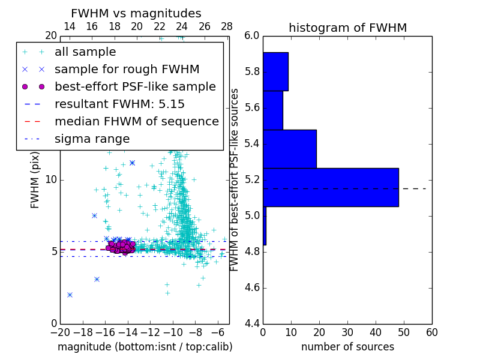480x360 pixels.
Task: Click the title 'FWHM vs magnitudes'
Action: [136, 13]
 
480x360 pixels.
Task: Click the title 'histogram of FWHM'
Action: [347, 28]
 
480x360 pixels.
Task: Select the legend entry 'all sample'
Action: [85, 52]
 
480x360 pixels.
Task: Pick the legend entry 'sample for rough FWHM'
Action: [127, 69]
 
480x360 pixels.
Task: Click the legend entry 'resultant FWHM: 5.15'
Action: [119, 104]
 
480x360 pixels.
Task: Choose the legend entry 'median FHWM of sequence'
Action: [136, 121]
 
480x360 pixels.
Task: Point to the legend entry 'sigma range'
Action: [92, 139]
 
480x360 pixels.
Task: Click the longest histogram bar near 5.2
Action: [331, 187]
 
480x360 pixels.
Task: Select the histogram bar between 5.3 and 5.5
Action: [290, 149]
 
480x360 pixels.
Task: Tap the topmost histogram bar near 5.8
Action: [275, 71]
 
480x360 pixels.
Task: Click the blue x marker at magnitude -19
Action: [70, 295]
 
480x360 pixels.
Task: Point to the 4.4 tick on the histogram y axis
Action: [251, 323]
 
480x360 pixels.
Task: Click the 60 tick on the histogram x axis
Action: [431, 332]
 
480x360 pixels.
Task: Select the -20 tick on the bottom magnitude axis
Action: [60, 332]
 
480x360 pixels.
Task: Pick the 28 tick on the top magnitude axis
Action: [227, 26]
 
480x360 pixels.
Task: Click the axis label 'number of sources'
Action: [347, 347]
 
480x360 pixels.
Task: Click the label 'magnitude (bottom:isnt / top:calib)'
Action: [145, 347]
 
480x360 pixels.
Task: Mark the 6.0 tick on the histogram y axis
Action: [251, 35]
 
